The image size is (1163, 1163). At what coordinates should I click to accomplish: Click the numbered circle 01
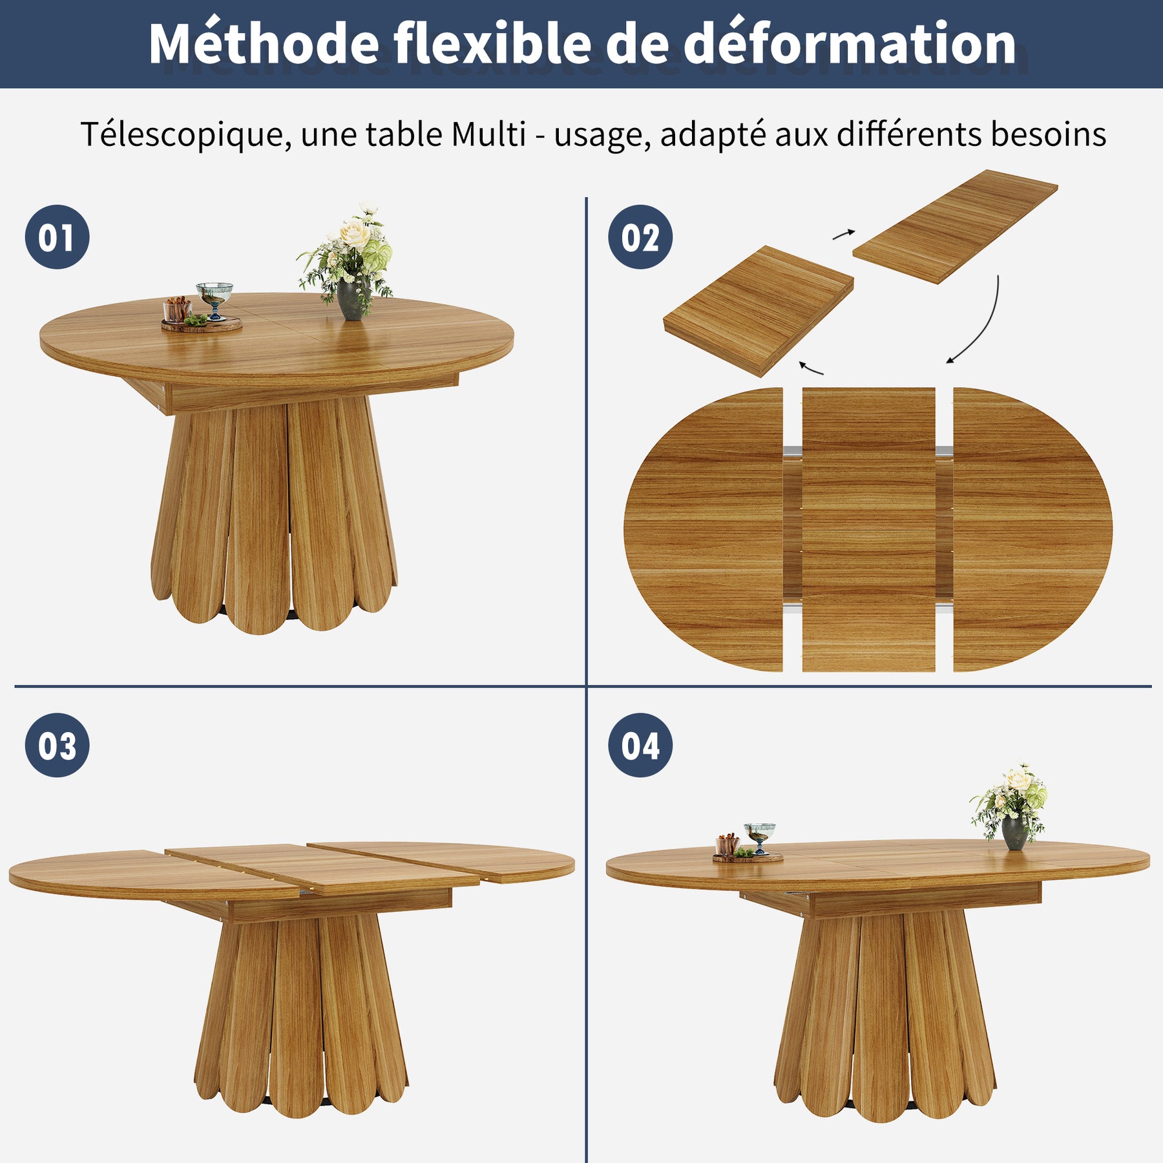(x=57, y=237)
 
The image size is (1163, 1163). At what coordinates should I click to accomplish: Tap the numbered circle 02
(x=640, y=237)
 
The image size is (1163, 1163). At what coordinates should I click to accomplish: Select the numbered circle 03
(x=57, y=745)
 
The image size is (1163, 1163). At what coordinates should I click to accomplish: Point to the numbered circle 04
(x=640, y=745)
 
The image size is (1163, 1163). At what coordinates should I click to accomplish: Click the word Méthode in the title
(x=264, y=43)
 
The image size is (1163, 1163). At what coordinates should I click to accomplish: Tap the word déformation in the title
(x=850, y=43)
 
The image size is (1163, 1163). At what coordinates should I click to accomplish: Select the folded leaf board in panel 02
(x=759, y=311)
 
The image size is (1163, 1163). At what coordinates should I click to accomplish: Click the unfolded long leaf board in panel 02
(x=955, y=226)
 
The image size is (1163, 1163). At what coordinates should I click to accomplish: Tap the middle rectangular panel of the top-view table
(x=868, y=529)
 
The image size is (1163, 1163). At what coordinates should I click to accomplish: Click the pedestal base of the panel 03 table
(x=301, y=1014)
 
